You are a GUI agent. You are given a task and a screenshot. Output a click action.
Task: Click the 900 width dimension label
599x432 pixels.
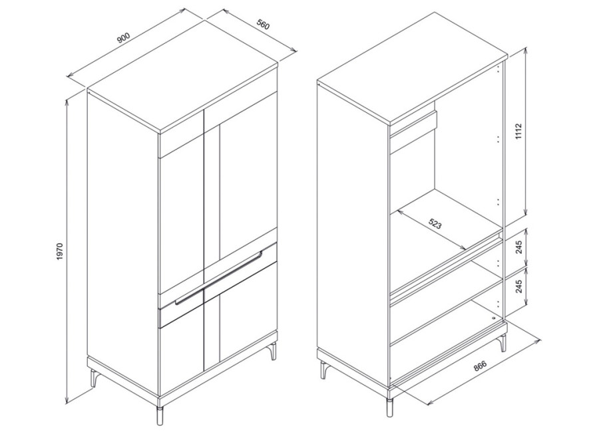[123, 38]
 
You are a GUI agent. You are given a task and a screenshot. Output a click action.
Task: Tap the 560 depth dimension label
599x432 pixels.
[263, 25]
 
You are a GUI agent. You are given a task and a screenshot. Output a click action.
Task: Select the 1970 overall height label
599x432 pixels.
[59, 252]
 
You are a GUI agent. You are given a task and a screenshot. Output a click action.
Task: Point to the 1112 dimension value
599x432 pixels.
[518, 132]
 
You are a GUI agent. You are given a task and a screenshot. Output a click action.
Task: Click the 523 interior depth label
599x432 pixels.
[435, 223]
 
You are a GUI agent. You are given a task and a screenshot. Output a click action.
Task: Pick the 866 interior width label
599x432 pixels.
[480, 366]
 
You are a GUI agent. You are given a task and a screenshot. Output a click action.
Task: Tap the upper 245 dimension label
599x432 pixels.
[518, 247]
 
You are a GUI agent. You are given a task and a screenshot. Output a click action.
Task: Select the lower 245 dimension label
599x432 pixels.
[518, 286]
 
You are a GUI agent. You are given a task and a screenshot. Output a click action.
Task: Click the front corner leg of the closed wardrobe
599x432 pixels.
[160, 415]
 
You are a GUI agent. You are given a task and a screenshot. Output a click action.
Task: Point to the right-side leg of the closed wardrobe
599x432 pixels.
[273, 351]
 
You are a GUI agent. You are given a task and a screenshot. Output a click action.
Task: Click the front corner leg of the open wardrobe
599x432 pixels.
[389, 407]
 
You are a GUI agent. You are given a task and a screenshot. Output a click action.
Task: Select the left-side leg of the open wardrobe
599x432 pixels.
[324, 370]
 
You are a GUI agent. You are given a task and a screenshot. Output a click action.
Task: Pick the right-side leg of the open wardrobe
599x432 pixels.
[503, 343]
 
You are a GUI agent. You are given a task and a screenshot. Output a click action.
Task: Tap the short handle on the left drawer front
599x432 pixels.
[189, 298]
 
